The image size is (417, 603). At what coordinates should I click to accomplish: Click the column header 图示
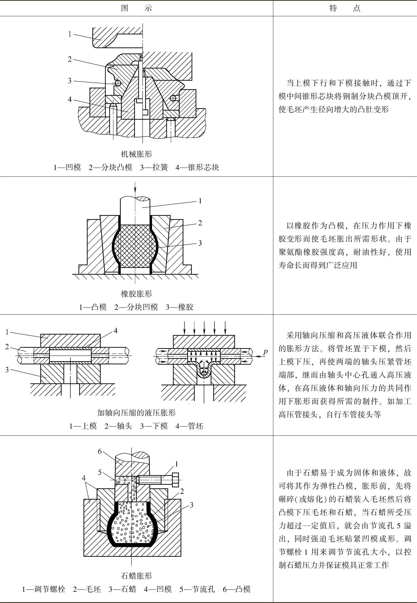136,8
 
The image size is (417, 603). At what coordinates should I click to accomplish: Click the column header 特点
345,8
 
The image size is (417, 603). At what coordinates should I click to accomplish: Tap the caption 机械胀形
136,154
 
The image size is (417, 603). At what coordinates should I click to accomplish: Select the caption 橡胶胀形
136,294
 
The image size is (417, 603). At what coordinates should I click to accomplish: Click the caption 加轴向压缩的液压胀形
136,413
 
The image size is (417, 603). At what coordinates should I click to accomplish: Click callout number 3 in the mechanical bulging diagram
70,80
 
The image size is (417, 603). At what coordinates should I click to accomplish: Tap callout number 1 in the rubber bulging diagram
200,201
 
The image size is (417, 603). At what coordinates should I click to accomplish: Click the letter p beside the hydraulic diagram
266,352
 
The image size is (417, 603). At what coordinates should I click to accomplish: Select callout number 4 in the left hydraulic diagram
115,331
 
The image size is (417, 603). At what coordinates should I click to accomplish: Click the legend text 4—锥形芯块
197,167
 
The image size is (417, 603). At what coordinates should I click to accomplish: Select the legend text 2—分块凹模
136,307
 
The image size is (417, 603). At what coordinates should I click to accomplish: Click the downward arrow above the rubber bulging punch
135,189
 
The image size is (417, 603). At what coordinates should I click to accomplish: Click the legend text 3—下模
154,426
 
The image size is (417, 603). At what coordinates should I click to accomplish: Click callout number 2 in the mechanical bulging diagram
70,59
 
